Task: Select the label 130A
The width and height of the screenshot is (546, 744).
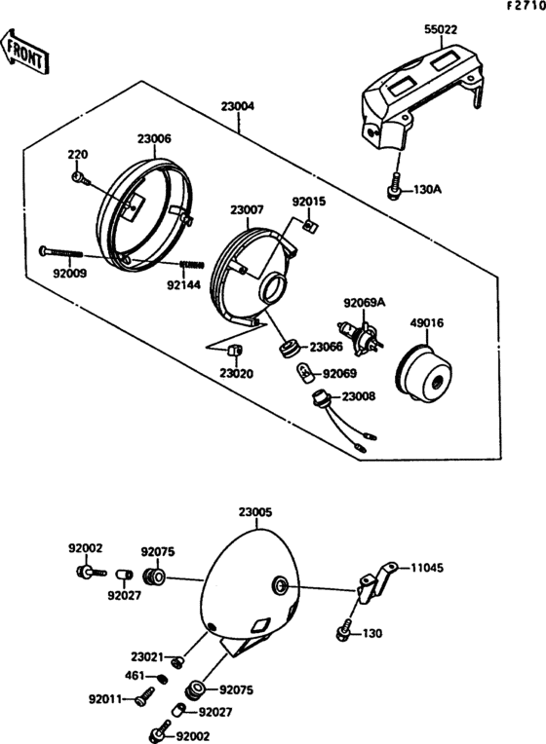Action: [x=428, y=189]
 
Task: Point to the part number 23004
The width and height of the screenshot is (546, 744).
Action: [x=237, y=106]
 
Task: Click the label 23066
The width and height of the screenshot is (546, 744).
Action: [x=326, y=347]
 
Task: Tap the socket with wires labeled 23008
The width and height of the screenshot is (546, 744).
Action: [x=317, y=398]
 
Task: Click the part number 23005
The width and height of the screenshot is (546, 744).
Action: [x=255, y=510]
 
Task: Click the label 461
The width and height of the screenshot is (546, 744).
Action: [x=136, y=675]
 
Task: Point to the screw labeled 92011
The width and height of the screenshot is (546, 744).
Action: [x=146, y=694]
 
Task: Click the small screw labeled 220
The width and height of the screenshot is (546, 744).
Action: [x=82, y=178]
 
